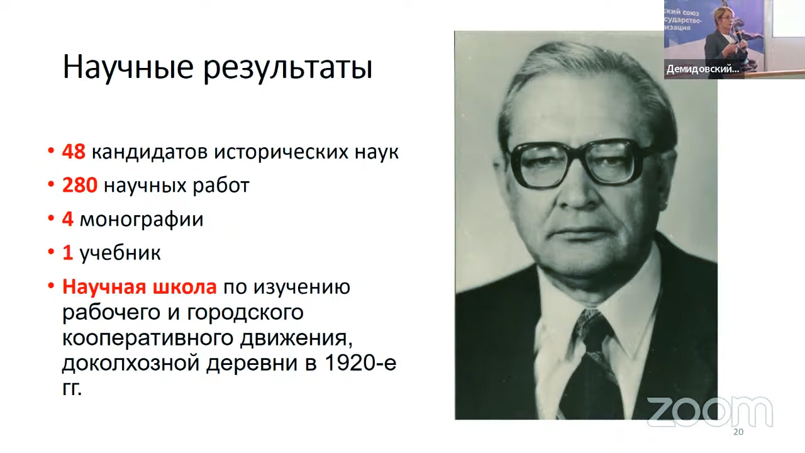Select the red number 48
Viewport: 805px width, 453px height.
74,152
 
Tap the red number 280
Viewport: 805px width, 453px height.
80,186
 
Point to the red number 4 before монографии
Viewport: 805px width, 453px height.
67,219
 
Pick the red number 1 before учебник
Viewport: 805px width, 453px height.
67,252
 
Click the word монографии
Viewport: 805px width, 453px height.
142,220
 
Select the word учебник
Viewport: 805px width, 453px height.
120,252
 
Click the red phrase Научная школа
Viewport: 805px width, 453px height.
139,287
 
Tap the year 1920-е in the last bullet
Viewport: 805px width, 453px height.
360,363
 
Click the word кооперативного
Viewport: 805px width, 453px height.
147,338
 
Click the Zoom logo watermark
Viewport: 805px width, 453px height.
709,412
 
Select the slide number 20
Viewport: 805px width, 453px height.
738,432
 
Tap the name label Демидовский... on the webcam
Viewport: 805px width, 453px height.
703,69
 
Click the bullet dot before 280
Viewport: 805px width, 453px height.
51,186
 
